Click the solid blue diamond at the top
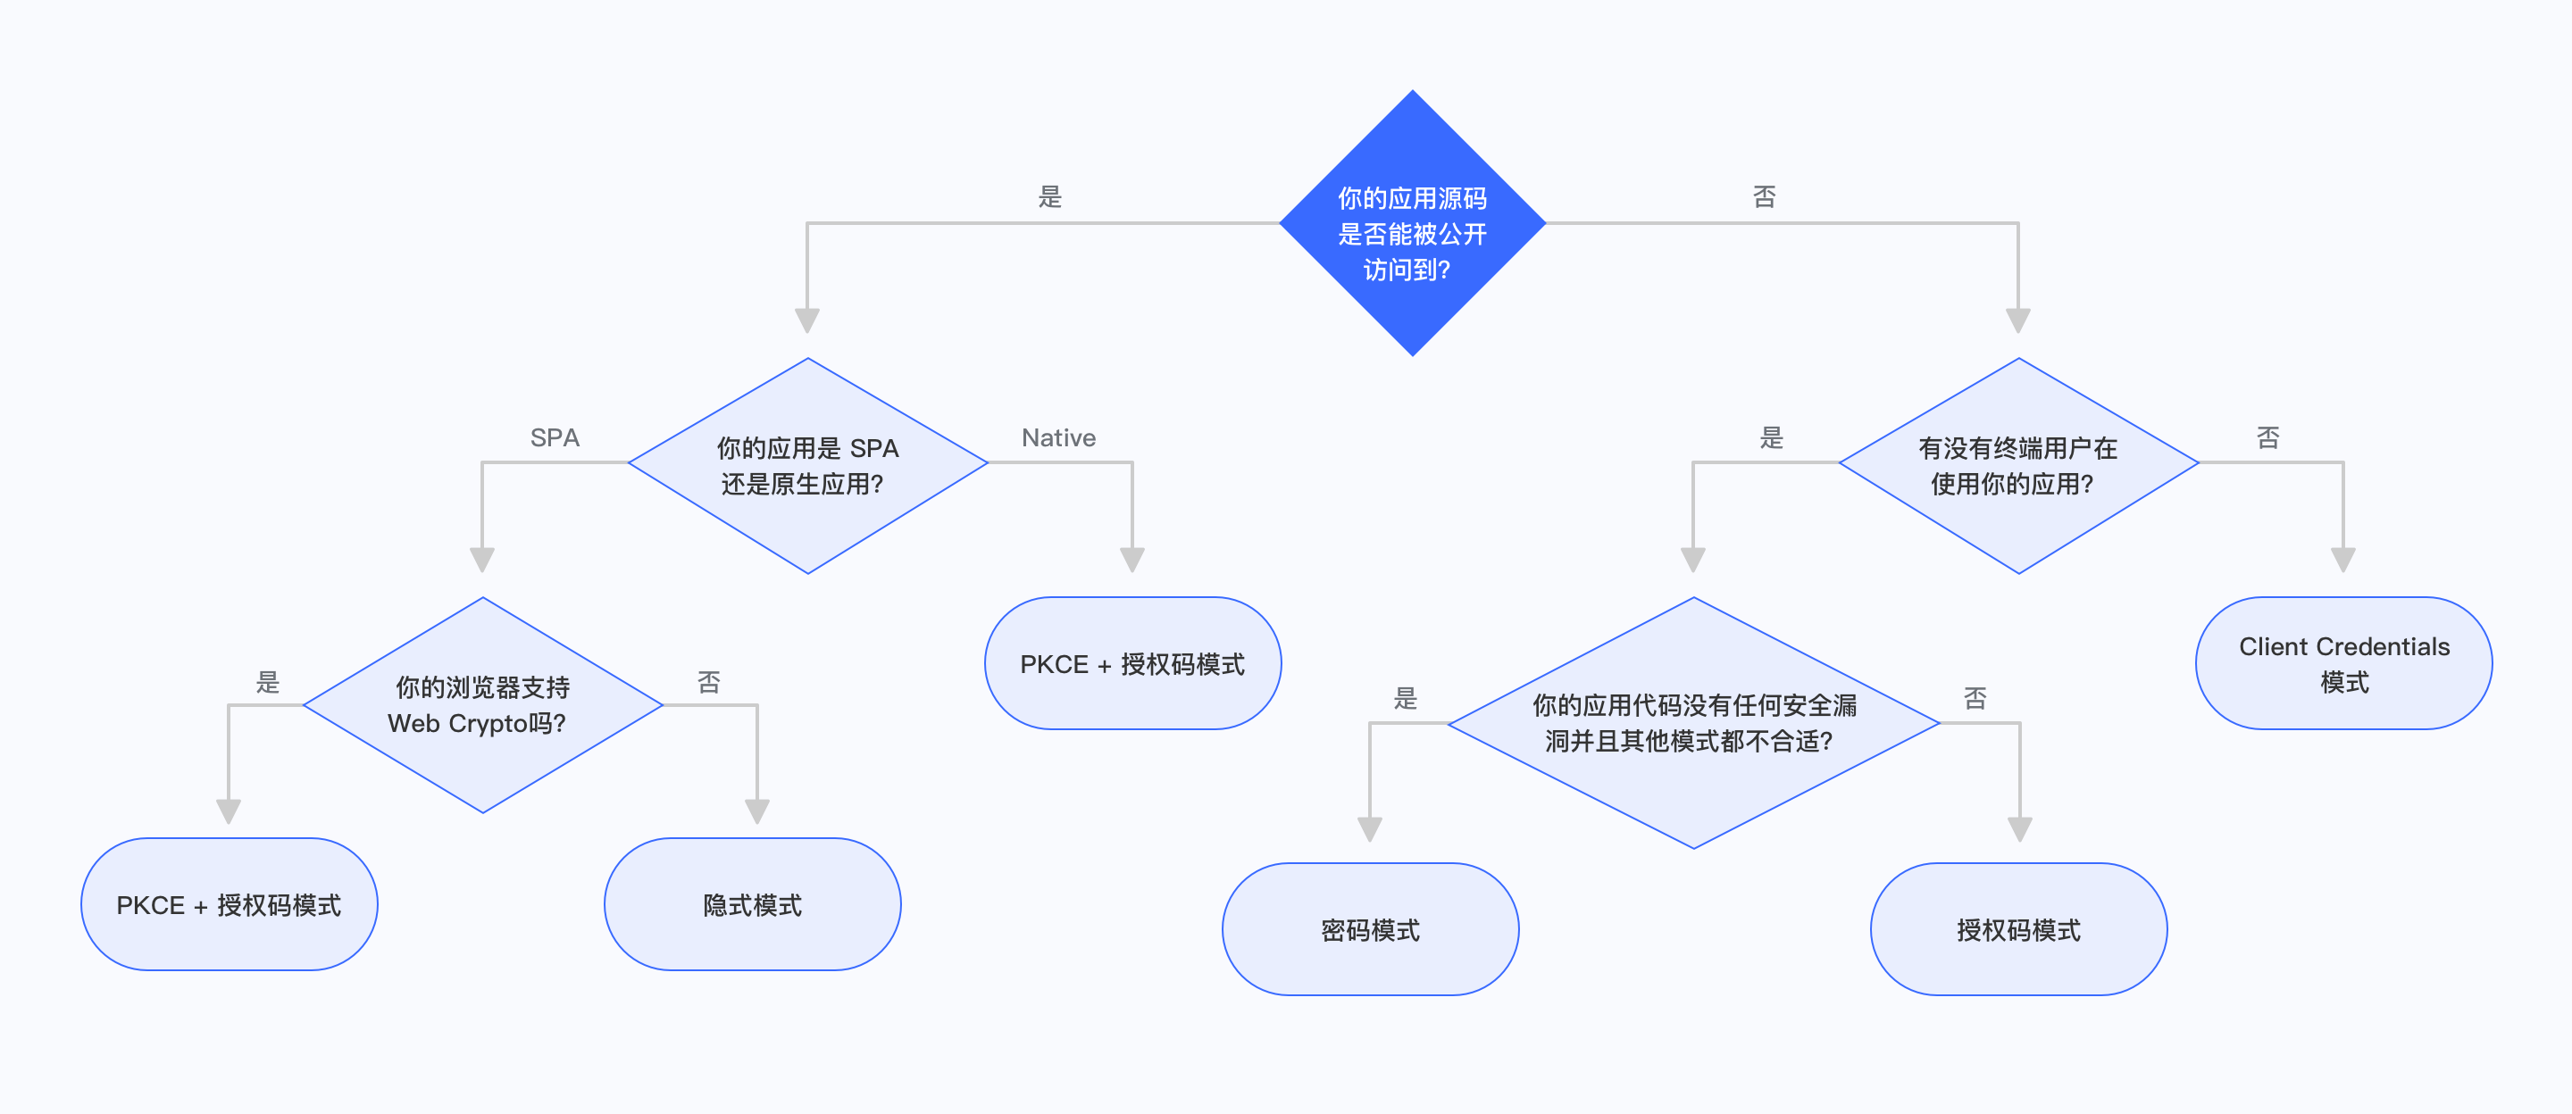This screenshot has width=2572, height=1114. tap(1412, 223)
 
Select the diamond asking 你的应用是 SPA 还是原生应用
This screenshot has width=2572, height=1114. tap(806, 465)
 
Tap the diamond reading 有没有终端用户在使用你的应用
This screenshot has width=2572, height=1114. tap(2018, 465)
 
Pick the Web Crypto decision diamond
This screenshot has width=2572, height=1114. tap(482, 705)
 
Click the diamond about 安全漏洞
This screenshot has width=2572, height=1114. tap(1693, 723)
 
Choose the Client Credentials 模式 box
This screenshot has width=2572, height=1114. tap(2343, 664)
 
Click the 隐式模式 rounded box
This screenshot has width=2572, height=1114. tap(752, 904)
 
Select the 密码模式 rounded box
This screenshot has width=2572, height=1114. tap(1370, 929)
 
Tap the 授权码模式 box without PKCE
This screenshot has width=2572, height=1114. tap(2018, 929)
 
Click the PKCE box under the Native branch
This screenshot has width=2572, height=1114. tap(1132, 664)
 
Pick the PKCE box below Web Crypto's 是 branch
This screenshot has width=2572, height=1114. tap(229, 904)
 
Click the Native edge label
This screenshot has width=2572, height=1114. tap(1058, 437)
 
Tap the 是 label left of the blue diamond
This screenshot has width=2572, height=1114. tap(1049, 196)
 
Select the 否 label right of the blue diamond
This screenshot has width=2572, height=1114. tap(1765, 196)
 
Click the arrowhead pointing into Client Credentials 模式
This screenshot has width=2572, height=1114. tap(2343, 559)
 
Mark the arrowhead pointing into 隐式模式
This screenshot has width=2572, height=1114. tap(756, 811)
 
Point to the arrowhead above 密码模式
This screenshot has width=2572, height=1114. tap(1370, 828)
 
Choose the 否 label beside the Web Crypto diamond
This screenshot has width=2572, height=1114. tap(708, 682)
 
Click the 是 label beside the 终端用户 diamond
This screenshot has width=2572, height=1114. tap(1770, 437)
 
